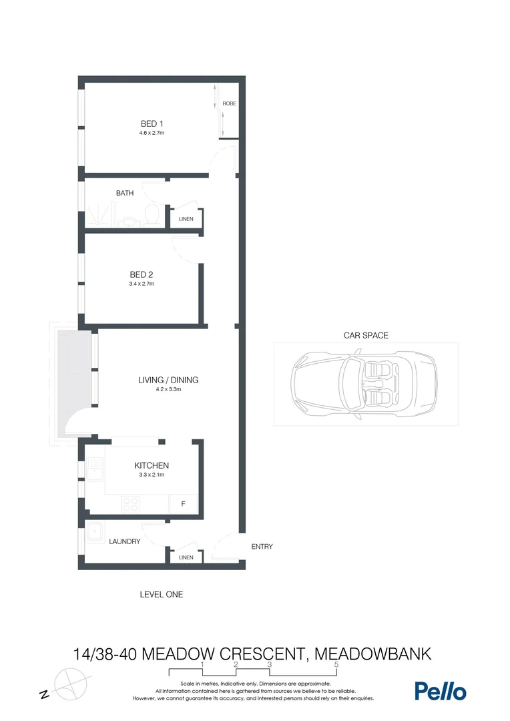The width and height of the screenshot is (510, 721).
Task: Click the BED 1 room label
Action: [x=152, y=124]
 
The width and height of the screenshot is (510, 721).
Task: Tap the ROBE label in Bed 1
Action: [x=229, y=104]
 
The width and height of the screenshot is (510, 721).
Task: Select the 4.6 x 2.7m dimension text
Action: [x=152, y=133]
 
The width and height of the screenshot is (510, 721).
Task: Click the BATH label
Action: [x=125, y=193]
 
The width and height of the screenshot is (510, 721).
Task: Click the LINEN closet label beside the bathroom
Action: [x=186, y=219]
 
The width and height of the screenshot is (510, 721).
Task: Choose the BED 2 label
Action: [x=142, y=274]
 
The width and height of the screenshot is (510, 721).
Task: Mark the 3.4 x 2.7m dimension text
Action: [x=142, y=284]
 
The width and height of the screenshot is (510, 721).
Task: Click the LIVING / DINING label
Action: [x=168, y=380]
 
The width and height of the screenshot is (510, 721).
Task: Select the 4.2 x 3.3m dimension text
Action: [x=168, y=389]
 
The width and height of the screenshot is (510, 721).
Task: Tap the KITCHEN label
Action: [x=152, y=465]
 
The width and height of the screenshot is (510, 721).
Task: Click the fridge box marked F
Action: [x=183, y=504]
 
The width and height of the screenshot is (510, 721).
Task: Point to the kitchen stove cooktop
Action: [x=130, y=505]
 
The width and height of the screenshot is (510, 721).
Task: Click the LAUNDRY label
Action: [x=125, y=541]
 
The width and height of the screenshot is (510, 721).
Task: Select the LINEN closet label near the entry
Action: [x=186, y=557]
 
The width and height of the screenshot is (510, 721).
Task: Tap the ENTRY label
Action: [x=262, y=547]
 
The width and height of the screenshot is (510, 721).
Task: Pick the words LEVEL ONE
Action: [x=161, y=594]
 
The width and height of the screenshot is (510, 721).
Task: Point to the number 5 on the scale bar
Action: [x=336, y=665]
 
